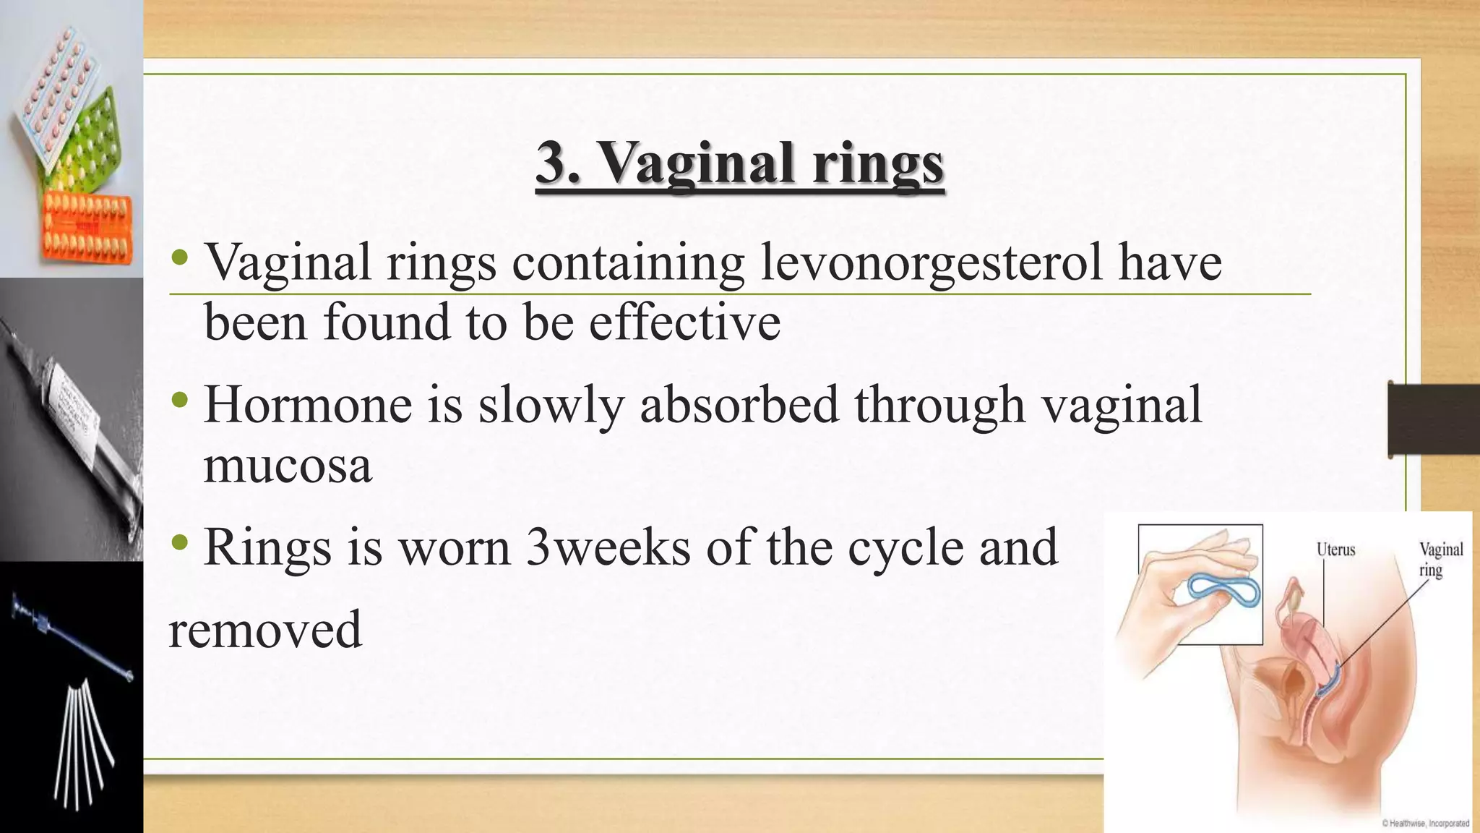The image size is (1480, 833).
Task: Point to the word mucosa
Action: tap(288, 464)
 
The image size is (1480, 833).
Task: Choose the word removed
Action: tap(264, 629)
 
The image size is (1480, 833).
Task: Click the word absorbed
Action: tap(739, 404)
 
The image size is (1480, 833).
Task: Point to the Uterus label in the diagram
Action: tap(1335, 550)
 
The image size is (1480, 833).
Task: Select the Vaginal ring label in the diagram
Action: tap(1440, 560)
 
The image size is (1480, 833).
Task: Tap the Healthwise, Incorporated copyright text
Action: tap(1425, 823)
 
